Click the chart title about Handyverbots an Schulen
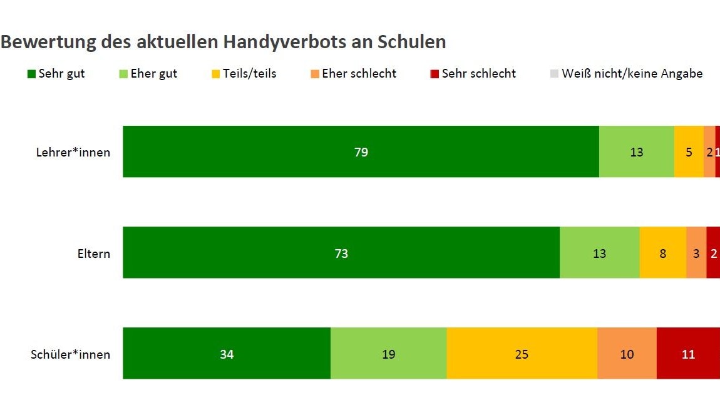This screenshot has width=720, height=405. pyautogui.click(x=224, y=42)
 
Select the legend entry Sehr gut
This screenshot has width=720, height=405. pyautogui.click(x=56, y=74)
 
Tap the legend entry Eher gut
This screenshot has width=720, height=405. pyautogui.click(x=148, y=74)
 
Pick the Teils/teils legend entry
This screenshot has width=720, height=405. pyautogui.click(x=245, y=74)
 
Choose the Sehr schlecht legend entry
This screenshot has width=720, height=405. pyautogui.click(x=473, y=74)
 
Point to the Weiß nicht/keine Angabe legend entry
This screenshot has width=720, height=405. pyautogui.click(x=625, y=74)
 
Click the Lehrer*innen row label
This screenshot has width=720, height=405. pyautogui.click(x=73, y=152)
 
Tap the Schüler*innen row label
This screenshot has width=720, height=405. pyautogui.click(x=70, y=354)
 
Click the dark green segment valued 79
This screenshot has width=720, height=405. pyautogui.click(x=361, y=152)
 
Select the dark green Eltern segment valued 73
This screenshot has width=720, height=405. pyautogui.click(x=341, y=253)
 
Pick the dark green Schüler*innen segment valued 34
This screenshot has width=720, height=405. pyautogui.click(x=227, y=354)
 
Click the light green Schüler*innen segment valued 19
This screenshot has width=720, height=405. pyautogui.click(x=388, y=354)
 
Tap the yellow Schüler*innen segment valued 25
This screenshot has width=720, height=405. pyautogui.click(x=522, y=354)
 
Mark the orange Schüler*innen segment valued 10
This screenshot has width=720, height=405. pyautogui.click(x=627, y=354)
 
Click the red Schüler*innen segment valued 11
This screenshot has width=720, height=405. pyautogui.click(x=688, y=354)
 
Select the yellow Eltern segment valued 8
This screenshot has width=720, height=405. pyautogui.click(x=663, y=253)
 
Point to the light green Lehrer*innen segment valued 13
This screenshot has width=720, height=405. pyautogui.click(x=636, y=152)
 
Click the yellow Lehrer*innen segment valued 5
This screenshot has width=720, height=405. pyautogui.click(x=689, y=152)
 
